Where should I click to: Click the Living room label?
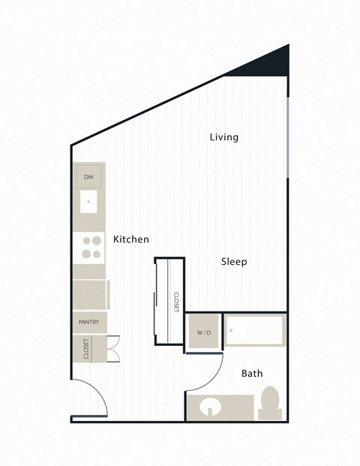click(x=223, y=137)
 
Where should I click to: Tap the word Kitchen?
click(x=130, y=239)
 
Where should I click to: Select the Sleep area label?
click(x=234, y=262)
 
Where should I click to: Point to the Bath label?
click(x=252, y=373)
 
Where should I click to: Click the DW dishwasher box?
click(x=88, y=178)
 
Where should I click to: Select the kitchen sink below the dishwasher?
click(x=89, y=201)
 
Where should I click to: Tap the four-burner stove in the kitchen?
click(x=91, y=248)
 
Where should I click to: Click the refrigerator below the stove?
click(x=91, y=294)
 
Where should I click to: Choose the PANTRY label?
click(x=89, y=322)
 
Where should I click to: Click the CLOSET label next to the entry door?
click(x=86, y=348)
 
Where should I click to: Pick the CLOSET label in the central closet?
click(x=176, y=302)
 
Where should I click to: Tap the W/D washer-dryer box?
click(x=203, y=332)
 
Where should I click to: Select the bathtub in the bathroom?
click(x=255, y=331)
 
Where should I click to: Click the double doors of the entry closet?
click(x=113, y=349)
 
